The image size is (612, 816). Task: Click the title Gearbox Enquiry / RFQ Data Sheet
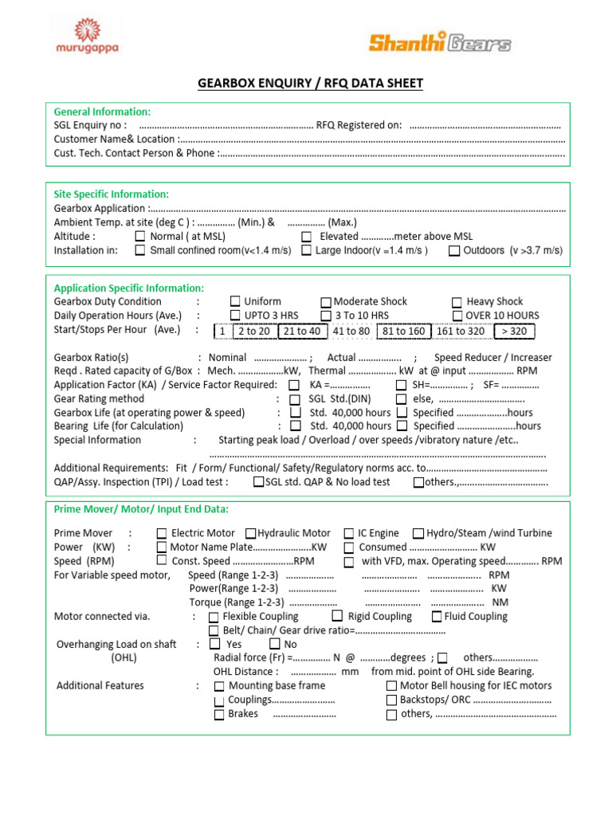[310, 84]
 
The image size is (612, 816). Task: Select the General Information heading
[102, 112]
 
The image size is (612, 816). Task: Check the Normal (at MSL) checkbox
[140, 237]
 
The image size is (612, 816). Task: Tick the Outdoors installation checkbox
[453, 250]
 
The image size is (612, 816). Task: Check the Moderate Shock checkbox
[326, 302]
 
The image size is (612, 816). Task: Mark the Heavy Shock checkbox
[457, 302]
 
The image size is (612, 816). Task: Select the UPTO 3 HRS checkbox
[235, 316]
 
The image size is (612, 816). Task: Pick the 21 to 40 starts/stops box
[302, 331]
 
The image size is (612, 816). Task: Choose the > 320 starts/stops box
[514, 331]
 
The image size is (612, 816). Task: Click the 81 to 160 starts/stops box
[403, 331]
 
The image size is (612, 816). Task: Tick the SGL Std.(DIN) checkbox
[295, 399]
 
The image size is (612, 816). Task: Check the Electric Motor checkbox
[162, 533]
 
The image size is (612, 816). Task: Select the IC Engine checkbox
[349, 533]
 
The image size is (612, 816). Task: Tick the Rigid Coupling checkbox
[337, 616]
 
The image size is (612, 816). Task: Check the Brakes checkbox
[219, 715]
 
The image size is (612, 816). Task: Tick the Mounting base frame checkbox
[219, 685]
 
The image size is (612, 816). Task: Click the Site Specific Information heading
[111, 194]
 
